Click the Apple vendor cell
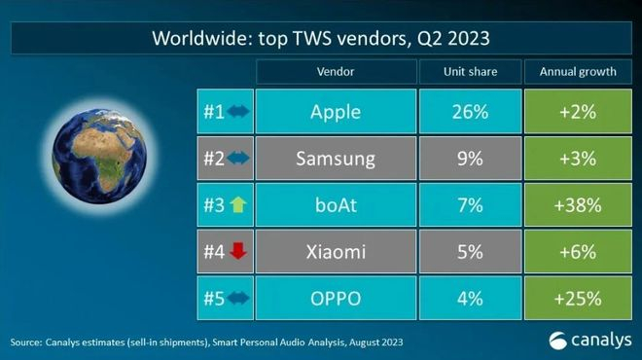pyautogui.click(x=335, y=112)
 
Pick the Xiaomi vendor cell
pyautogui.click(x=335, y=252)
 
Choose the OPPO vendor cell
pyautogui.click(x=335, y=297)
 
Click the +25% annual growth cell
pyautogui.click(x=577, y=297)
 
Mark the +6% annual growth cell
pyautogui.click(x=577, y=252)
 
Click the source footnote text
pyautogui.click(x=204, y=342)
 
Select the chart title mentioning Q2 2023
pyautogui.click(x=321, y=40)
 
